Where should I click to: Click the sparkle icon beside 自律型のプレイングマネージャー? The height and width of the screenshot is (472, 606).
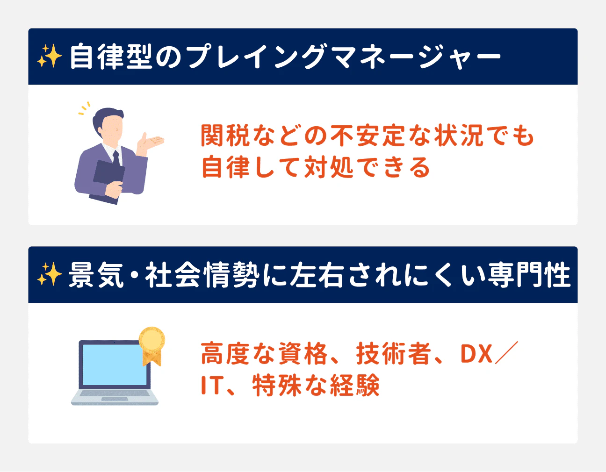(x=49, y=57)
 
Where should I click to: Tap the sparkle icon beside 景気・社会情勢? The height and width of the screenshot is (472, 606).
(x=49, y=274)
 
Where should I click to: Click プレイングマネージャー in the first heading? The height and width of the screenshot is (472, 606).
(x=343, y=57)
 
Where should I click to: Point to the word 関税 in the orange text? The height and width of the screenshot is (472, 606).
(x=226, y=136)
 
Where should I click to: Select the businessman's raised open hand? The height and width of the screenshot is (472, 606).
(x=151, y=141)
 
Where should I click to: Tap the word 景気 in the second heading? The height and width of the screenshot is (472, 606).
(x=96, y=275)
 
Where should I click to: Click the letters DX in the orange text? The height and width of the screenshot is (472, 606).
(x=477, y=354)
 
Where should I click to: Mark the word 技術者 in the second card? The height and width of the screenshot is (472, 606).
(x=393, y=354)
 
